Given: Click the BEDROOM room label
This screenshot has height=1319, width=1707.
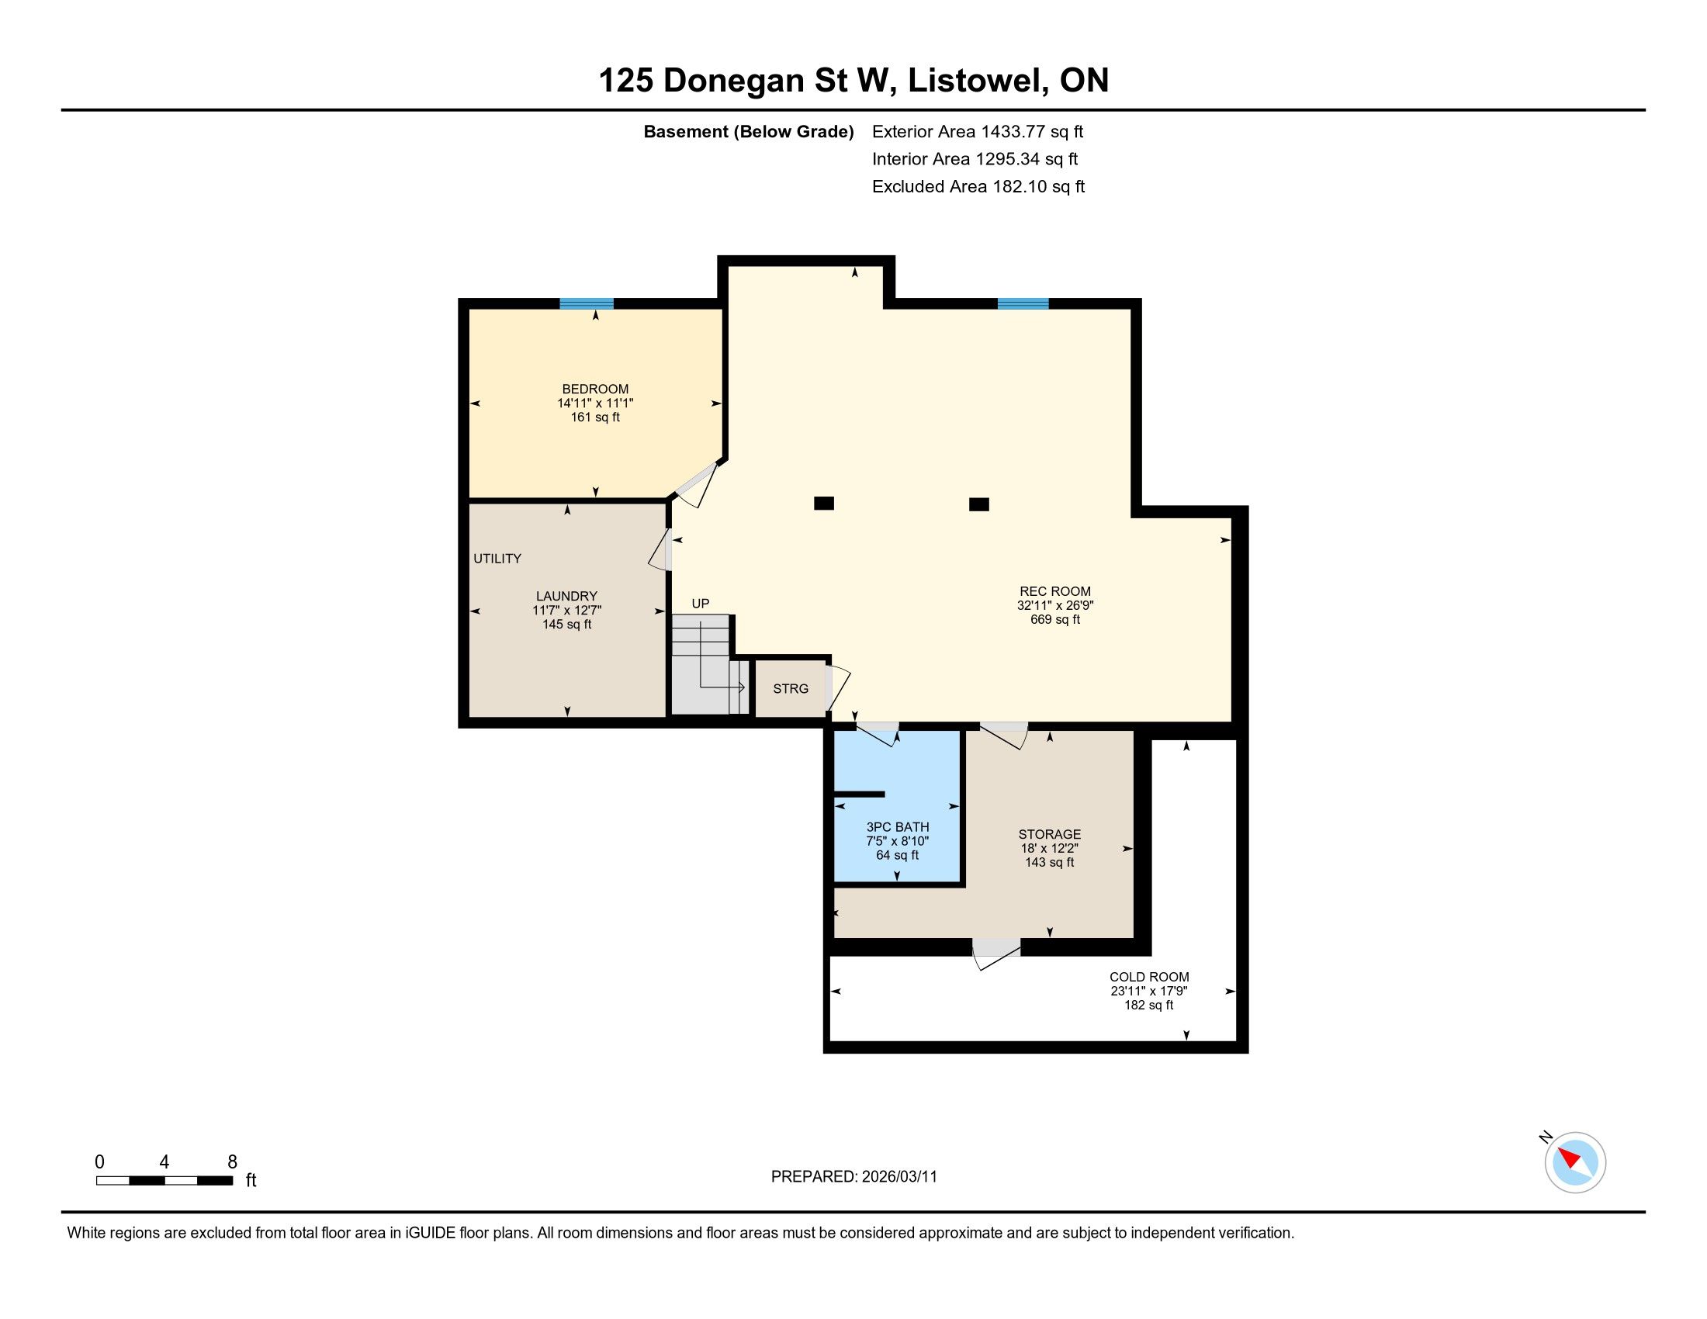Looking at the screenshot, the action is point(595,389).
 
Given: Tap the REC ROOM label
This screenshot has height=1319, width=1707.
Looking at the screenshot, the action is point(1054,591).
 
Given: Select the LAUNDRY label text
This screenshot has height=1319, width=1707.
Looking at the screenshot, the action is point(566,596).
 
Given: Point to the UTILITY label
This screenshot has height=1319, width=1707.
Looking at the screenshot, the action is point(497,559).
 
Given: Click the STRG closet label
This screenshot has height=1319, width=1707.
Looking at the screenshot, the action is point(790,688).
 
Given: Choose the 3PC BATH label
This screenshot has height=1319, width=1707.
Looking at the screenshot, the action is point(897,827).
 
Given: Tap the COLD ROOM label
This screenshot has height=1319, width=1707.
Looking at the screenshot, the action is point(1149,977).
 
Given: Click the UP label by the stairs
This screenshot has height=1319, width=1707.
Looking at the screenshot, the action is point(701,603).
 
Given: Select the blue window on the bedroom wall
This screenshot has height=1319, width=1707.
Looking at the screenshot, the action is point(586,304).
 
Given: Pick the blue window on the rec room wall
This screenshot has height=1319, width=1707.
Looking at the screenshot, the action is point(1023,304).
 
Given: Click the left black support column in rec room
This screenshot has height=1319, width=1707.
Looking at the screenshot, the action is point(824,504).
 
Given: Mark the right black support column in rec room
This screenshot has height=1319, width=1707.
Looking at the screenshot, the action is point(978,505).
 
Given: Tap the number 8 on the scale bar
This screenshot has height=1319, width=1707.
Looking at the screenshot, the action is point(232,1162).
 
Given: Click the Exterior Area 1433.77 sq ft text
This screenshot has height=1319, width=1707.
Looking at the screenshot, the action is point(978,131).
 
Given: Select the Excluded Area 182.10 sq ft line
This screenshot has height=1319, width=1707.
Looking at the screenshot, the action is point(978,186).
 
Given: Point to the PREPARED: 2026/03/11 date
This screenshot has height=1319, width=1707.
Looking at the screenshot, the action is point(853,1177).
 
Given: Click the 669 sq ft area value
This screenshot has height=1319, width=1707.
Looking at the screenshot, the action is point(1054,620).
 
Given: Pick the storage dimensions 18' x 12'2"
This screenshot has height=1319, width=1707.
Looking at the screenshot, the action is point(1049,849).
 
